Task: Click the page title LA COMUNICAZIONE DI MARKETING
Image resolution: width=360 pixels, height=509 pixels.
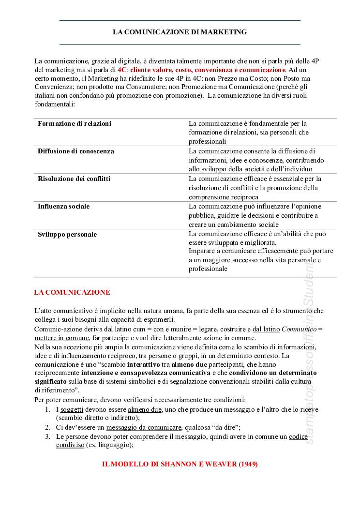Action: point(180,32)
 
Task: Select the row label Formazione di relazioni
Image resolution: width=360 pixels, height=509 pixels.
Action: point(75,123)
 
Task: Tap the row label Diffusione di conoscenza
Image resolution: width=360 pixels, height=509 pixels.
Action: point(76,151)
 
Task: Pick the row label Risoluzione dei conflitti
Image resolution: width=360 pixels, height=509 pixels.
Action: point(74,179)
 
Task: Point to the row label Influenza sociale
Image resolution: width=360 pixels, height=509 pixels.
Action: point(63,206)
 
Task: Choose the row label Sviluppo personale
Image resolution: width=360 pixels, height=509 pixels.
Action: point(67,234)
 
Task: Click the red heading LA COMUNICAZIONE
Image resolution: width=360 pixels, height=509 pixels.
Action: point(72,292)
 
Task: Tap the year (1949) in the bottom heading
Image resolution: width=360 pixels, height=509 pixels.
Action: point(247,464)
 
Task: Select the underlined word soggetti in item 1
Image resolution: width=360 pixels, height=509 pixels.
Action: point(72,409)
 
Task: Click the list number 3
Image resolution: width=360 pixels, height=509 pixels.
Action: point(48,436)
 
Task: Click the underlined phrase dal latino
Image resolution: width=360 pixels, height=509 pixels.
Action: point(266,329)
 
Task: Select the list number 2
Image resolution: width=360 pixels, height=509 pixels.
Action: point(48,427)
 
